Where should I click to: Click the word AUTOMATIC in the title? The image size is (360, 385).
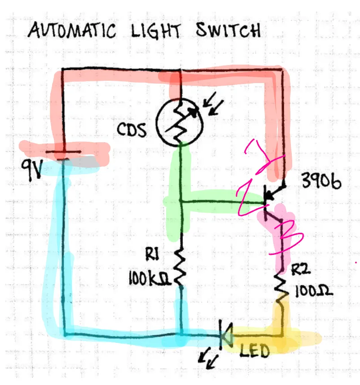pyautogui.click(x=71, y=31)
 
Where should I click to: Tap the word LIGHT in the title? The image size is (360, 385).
pyautogui.click(x=157, y=31)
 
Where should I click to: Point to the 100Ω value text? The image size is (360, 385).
pyautogui.click(x=313, y=292)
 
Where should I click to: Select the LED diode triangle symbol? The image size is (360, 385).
pyautogui.click(x=224, y=335)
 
